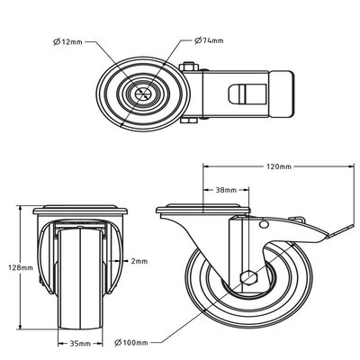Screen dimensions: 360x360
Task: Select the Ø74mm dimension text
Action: [212, 40]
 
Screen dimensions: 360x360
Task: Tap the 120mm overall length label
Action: [279, 167]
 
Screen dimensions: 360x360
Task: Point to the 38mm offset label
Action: [226, 191]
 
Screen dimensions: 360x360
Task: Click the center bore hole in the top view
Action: [143, 94]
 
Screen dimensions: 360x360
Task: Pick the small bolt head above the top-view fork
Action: [191, 67]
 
